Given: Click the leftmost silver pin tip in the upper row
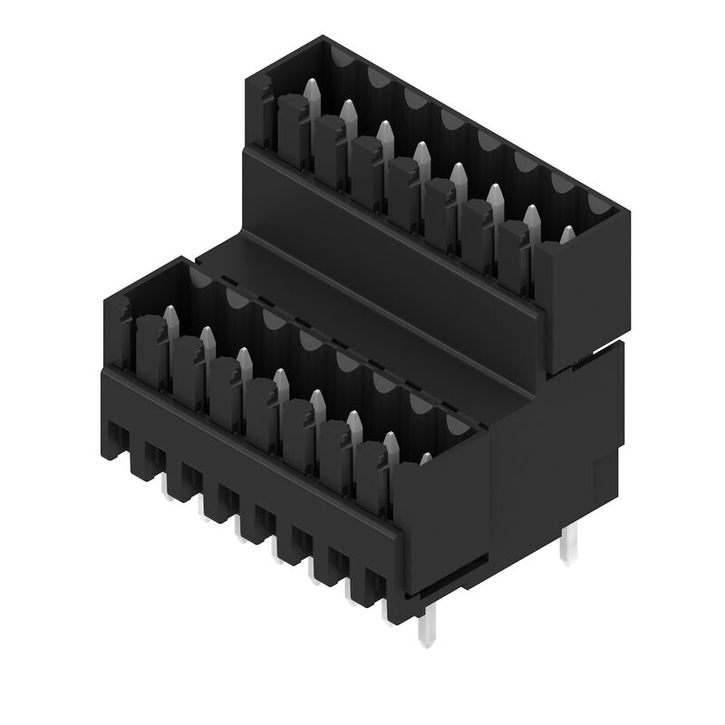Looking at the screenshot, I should (x=311, y=91).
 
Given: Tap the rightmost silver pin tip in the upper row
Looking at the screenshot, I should (x=567, y=236).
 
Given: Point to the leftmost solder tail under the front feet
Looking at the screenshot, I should (x=169, y=487).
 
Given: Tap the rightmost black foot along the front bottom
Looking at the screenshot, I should (x=375, y=585).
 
